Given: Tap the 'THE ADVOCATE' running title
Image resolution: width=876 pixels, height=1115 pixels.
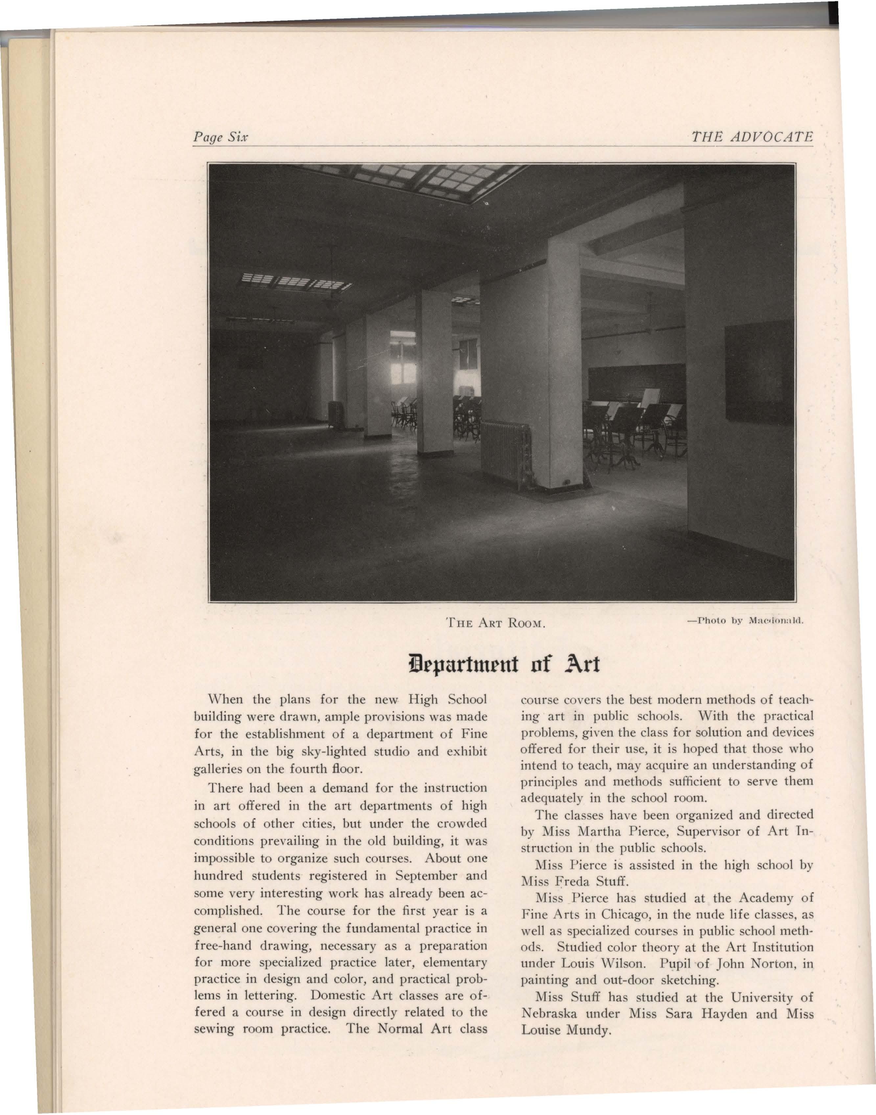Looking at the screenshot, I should coord(752,137).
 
